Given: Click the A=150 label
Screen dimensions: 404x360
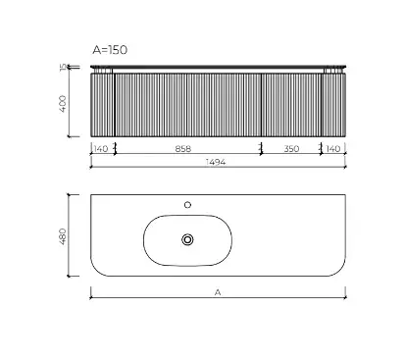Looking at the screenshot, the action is [x=110, y=50].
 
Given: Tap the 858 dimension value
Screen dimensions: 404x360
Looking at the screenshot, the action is [x=183, y=149].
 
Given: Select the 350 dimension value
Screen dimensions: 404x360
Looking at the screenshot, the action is [x=291, y=149].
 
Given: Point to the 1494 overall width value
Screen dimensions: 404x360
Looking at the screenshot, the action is [x=216, y=162].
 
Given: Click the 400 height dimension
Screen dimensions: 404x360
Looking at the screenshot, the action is [x=63, y=104].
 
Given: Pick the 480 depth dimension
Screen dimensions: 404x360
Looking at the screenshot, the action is [x=63, y=236].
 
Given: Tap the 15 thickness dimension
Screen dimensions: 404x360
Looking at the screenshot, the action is [x=63, y=68].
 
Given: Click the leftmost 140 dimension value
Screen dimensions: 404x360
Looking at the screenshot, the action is [x=101, y=149].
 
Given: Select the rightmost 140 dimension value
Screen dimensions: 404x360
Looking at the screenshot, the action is [x=333, y=149].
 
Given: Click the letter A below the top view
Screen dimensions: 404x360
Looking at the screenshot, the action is [x=218, y=292].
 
